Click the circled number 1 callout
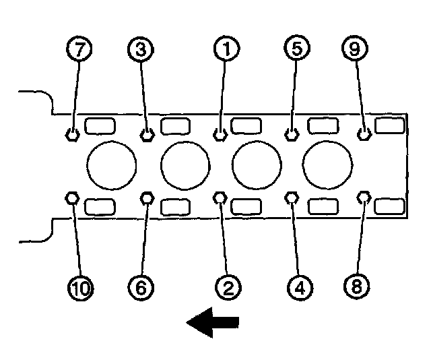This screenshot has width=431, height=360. [x=227, y=49]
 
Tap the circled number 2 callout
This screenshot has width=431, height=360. [x=227, y=288]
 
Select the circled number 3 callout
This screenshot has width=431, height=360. [x=140, y=49]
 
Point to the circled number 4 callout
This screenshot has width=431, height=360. [x=300, y=288]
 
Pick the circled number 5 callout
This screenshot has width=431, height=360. [x=298, y=49]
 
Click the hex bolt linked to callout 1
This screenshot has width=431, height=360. [x=219, y=134]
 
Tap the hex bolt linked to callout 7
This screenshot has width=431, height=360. [x=72, y=134]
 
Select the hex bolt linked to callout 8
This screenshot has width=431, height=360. [x=364, y=197]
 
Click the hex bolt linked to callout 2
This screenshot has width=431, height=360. [x=220, y=197]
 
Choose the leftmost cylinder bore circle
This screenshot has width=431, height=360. [x=112, y=165]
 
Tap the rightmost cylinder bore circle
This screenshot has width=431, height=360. [x=327, y=165]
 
